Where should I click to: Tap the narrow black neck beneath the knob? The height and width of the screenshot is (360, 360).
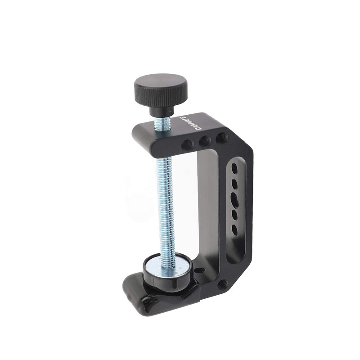(x=162, y=111)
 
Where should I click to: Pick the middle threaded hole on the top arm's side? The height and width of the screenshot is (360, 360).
(x=205, y=141)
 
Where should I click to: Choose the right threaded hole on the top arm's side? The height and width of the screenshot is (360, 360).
(x=221, y=137)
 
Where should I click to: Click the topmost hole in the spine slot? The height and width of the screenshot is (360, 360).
(x=234, y=169)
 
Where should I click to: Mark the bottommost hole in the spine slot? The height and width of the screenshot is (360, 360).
(x=234, y=230)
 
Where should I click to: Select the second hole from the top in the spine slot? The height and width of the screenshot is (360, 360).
(x=235, y=184)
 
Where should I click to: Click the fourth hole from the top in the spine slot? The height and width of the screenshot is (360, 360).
(x=235, y=216)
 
